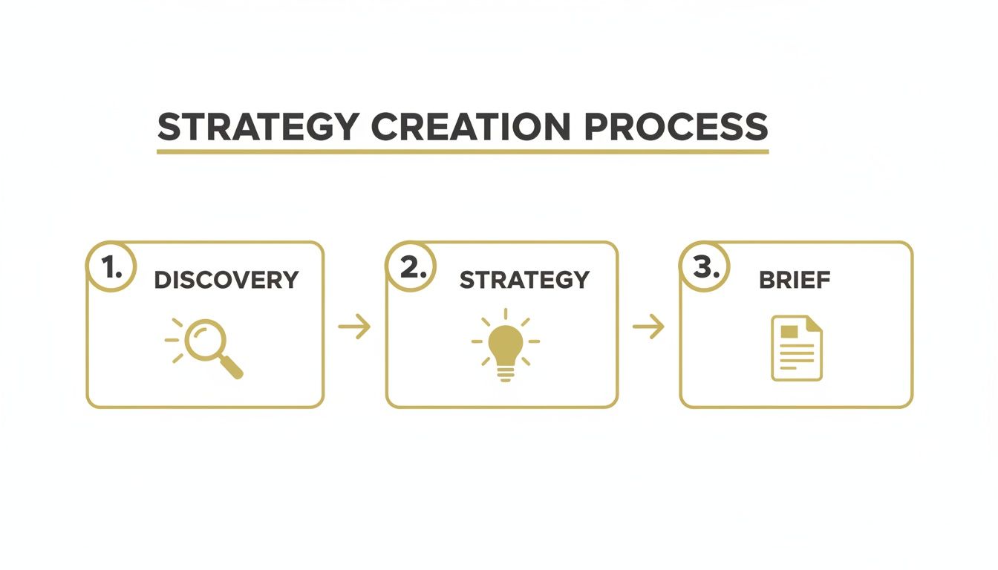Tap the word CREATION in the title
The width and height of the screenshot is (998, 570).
[x=471, y=127]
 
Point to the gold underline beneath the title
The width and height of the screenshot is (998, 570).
[x=462, y=151]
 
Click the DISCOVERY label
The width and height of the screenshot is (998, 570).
[x=226, y=280]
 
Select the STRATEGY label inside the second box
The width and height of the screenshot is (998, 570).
[x=524, y=280]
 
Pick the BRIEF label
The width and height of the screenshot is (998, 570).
[x=795, y=280]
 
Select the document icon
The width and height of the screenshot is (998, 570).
[x=797, y=347]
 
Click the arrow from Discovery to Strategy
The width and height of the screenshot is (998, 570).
[x=354, y=326]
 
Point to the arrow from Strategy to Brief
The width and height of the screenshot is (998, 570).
[x=648, y=326]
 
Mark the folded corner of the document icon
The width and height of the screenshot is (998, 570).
[x=815, y=324]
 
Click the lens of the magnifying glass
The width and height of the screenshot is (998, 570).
[x=203, y=338]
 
